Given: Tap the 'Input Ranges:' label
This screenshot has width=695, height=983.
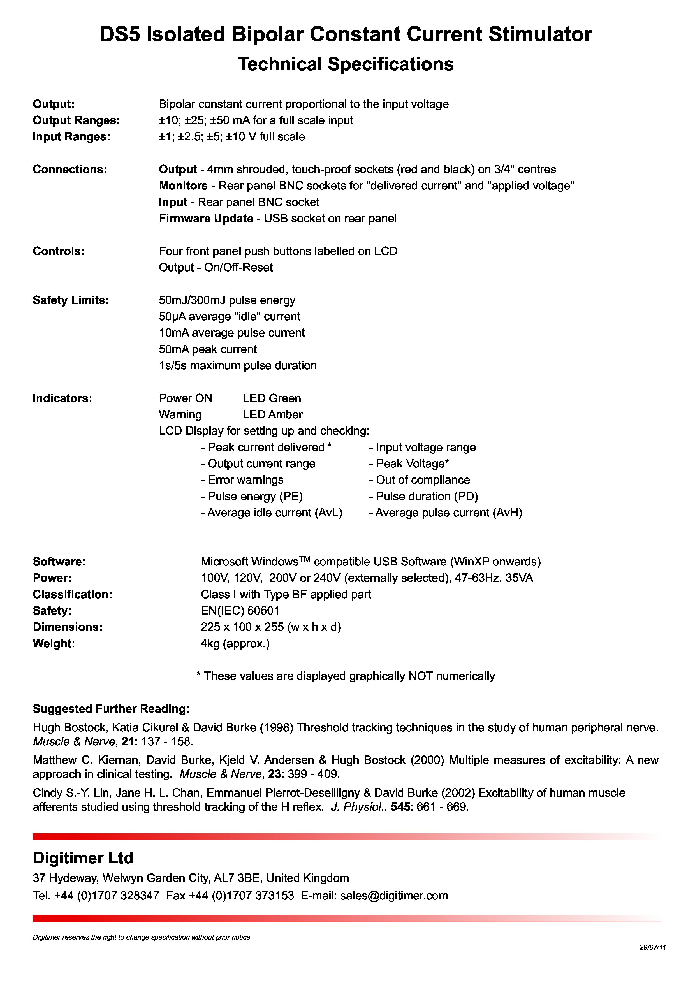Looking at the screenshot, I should (x=71, y=137).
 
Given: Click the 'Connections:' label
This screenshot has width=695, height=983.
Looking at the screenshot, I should (x=70, y=170).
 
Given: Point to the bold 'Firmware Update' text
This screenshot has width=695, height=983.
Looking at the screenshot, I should (x=206, y=219).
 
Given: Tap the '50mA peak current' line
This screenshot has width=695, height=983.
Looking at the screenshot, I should (x=208, y=349).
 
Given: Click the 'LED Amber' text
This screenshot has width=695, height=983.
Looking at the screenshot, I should (x=272, y=415).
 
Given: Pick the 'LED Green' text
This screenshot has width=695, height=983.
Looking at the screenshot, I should (x=272, y=398).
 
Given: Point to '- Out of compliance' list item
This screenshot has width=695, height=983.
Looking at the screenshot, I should (x=419, y=480).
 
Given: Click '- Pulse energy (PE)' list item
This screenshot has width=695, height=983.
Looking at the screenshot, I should (x=251, y=497).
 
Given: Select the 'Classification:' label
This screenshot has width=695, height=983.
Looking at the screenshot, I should (x=72, y=595).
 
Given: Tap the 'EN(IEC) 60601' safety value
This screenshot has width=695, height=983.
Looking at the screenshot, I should (x=240, y=611).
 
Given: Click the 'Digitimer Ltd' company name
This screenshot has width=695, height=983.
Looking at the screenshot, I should (x=83, y=858).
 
